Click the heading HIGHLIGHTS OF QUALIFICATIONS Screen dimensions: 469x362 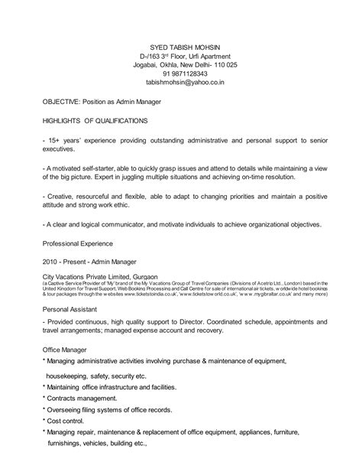pyautogui.click(x=95, y=120)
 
